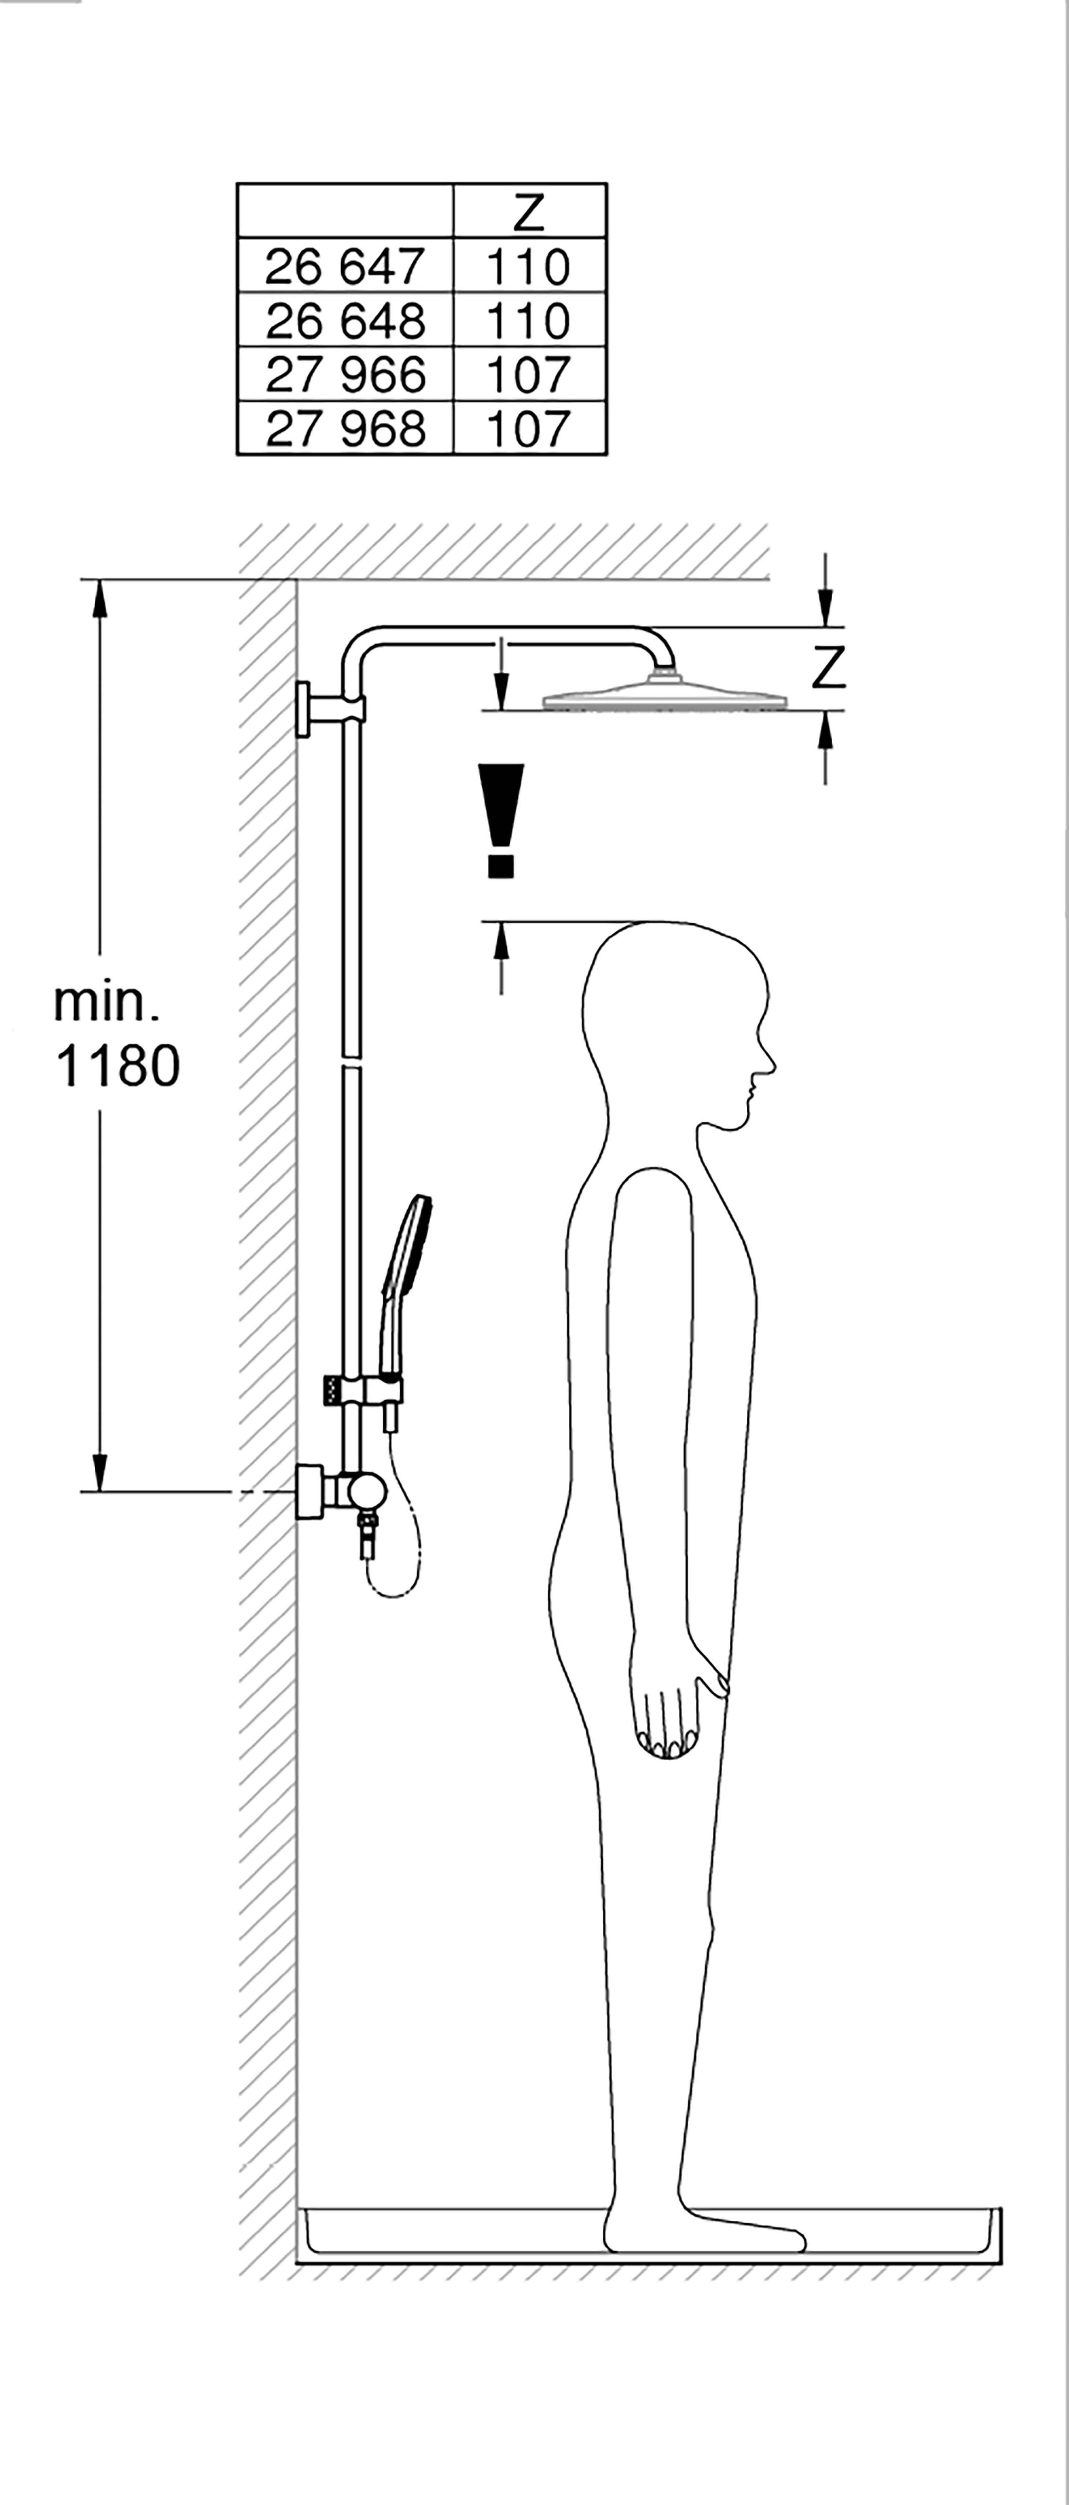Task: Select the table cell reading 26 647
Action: pyautogui.click(x=345, y=267)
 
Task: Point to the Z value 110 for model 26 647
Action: pyautogui.click(x=528, y=267)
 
